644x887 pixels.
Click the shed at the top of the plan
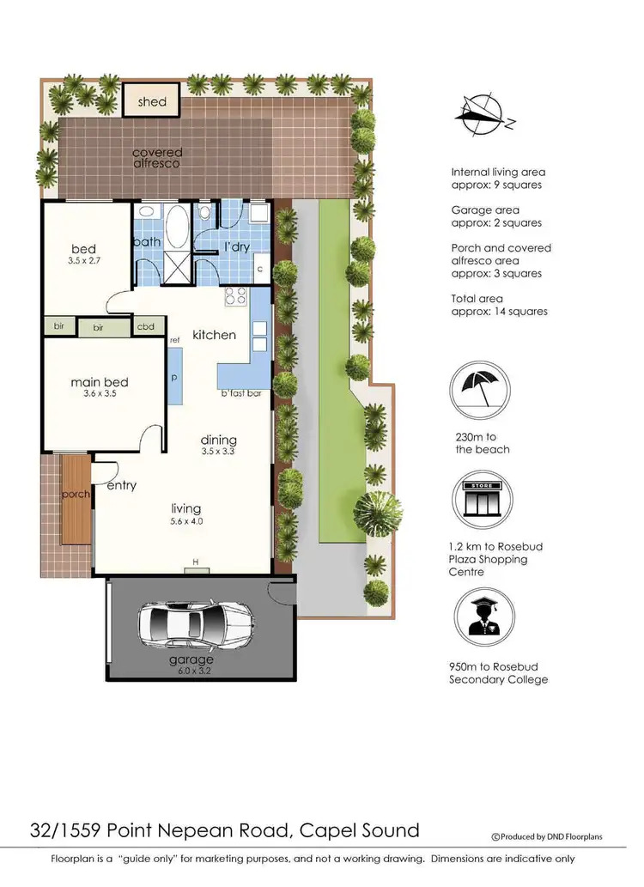coord(152,100)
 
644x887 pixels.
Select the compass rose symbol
coord(483,116)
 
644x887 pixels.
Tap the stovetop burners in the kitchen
coord(235,297)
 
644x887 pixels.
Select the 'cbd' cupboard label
coord(146,327)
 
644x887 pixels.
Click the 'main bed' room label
coord(100,382)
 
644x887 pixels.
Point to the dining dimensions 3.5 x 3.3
coord(218,451)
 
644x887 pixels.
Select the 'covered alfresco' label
coord(157,158)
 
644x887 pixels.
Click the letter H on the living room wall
coord(196,562)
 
